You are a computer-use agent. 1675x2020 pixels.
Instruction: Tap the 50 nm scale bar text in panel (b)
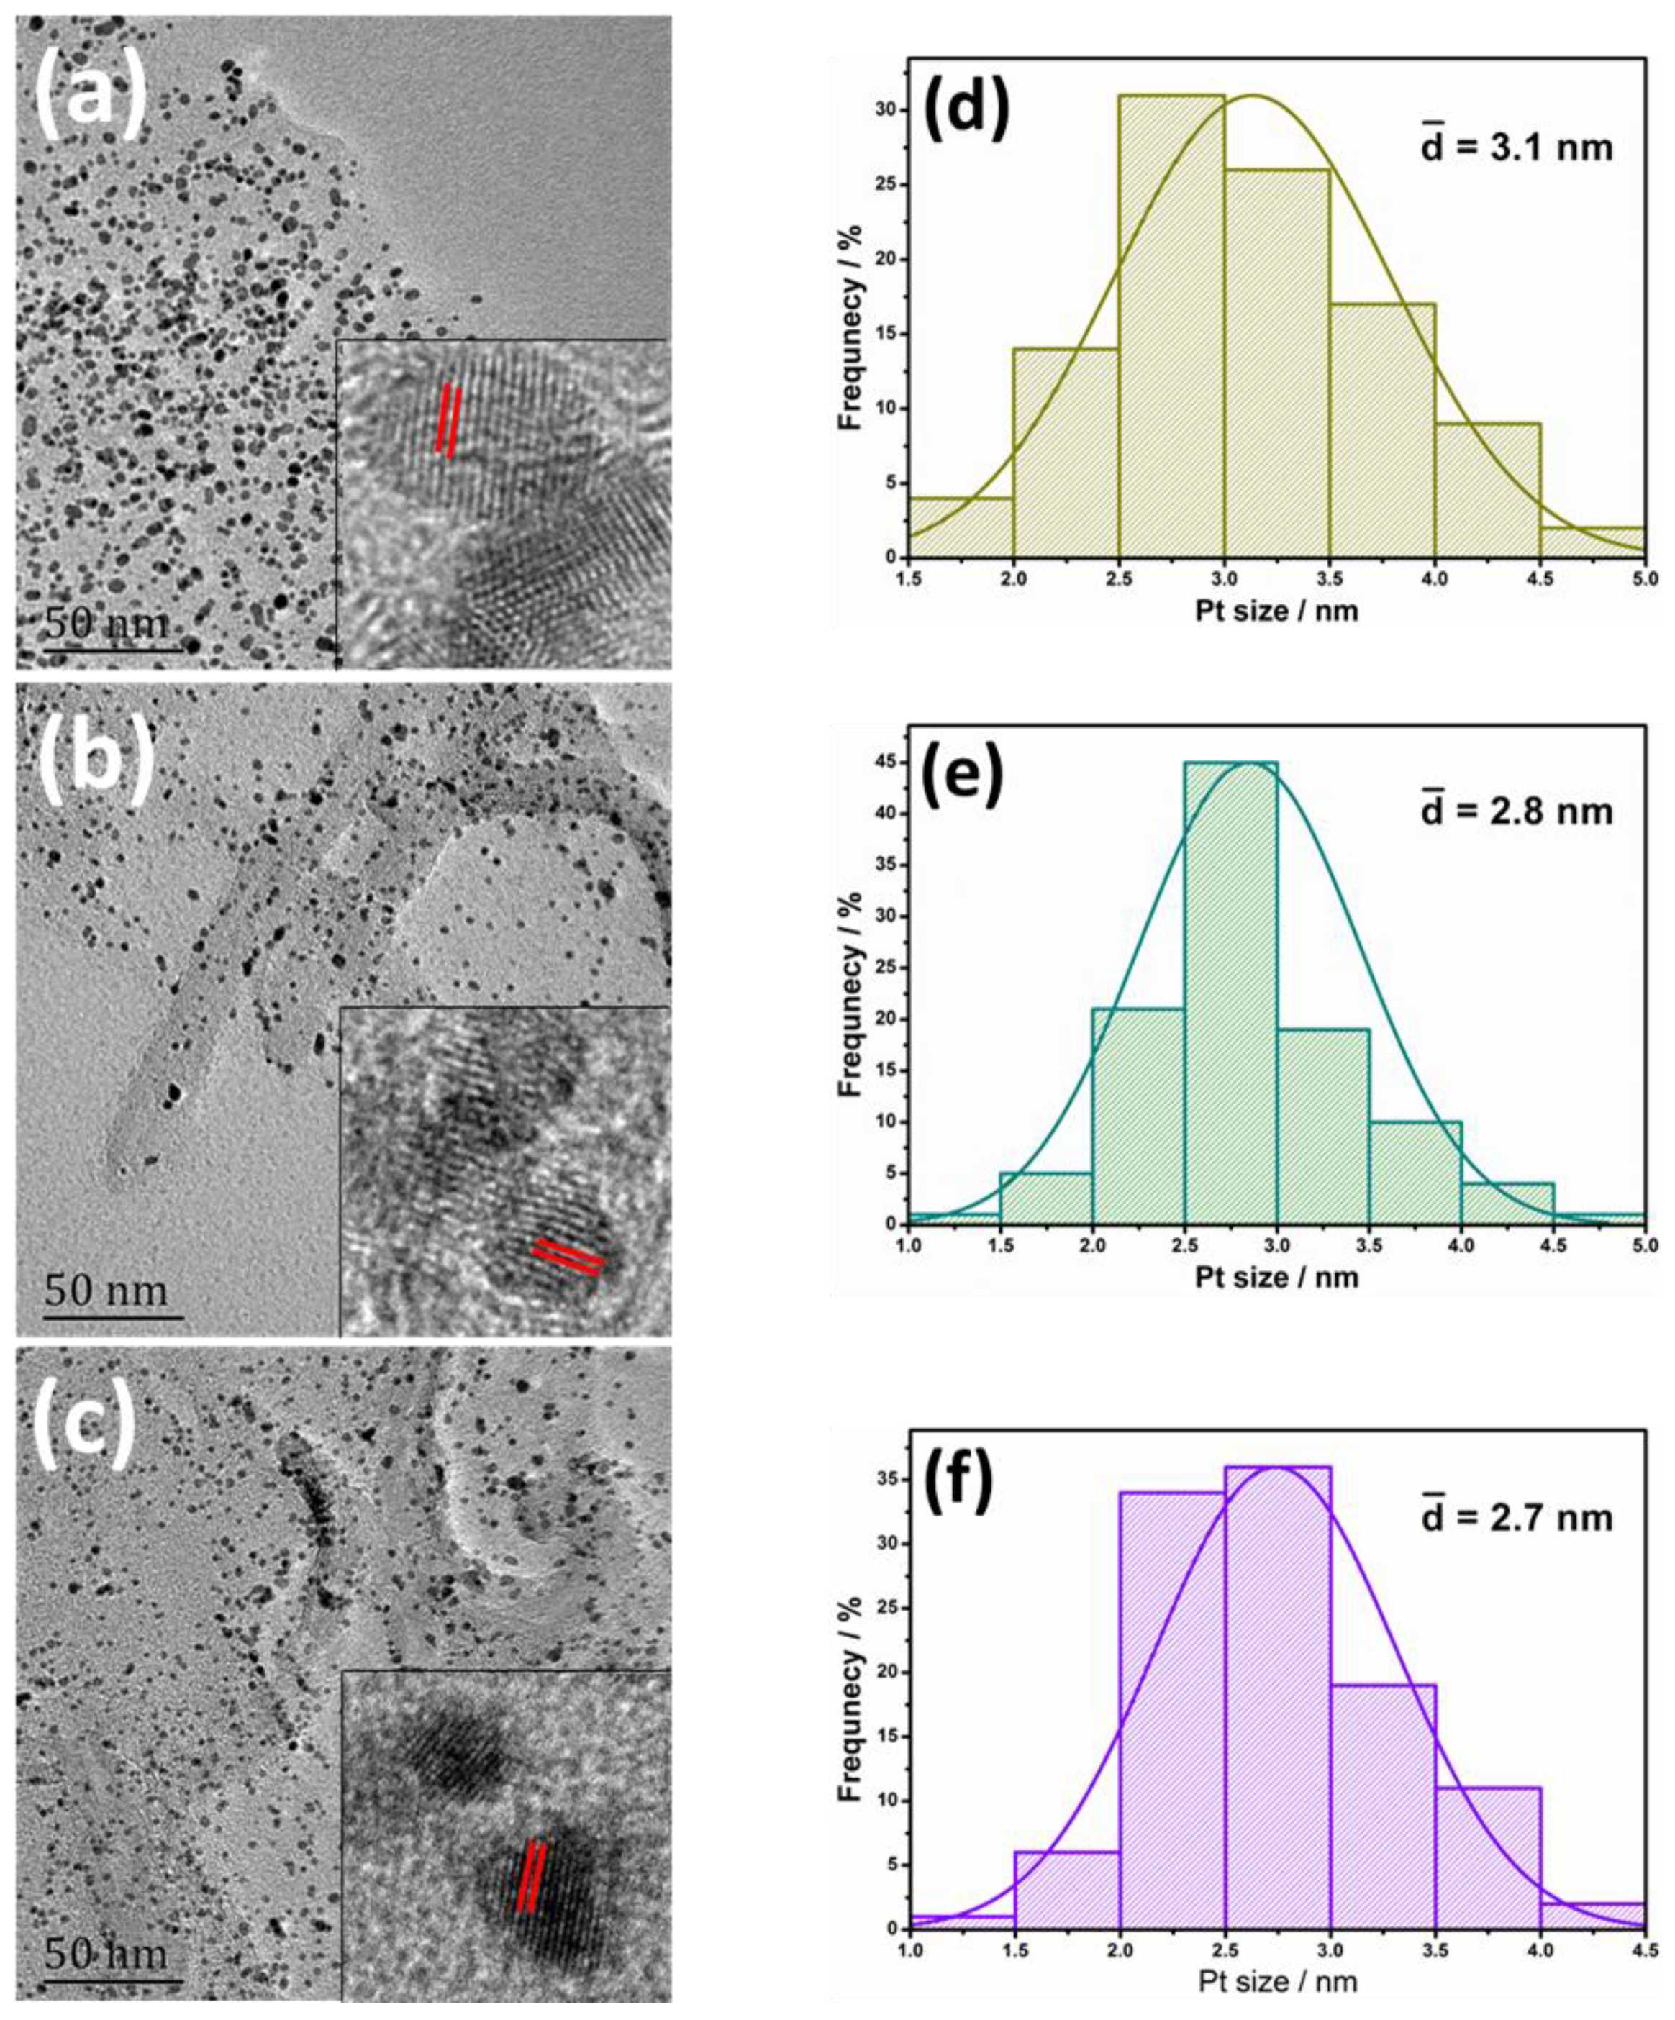point(106,1290)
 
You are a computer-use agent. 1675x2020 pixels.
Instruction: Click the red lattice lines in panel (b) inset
point(568,1256)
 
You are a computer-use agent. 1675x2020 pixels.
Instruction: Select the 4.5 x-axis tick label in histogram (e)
point(1553,1245)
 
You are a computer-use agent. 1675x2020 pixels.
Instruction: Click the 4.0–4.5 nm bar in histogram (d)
point(1487,491)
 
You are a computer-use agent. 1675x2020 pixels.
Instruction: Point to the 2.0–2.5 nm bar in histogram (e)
point(1138,1116)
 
